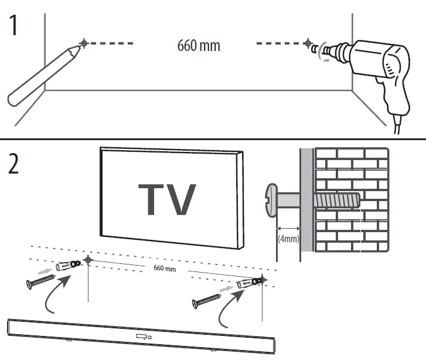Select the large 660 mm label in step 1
[199, 45]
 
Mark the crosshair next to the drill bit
[308, 43]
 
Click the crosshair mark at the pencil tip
[86, 43]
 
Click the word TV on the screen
[167, 200]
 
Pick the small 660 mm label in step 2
[165, 269]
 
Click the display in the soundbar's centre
[141, 337]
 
